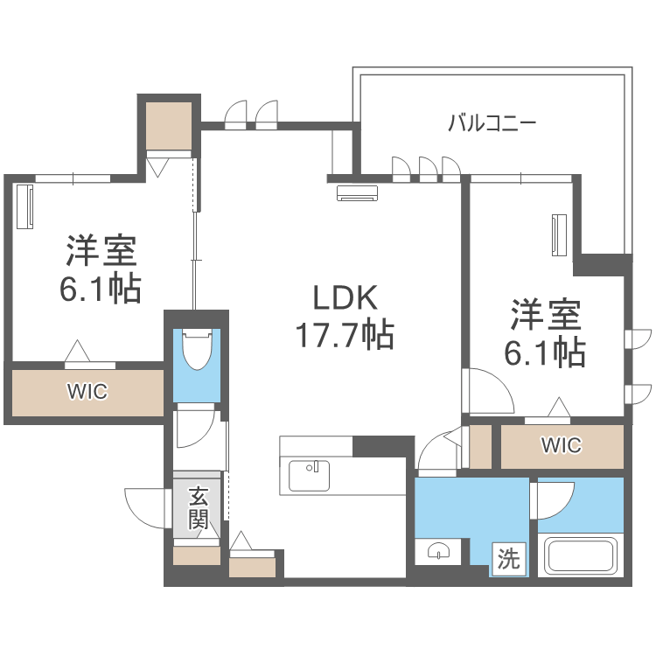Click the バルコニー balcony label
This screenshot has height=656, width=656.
(492, 123)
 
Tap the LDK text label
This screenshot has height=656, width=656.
(345, 297)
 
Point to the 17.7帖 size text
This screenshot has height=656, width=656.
(345, 335)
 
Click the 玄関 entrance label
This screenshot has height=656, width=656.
(199, 507)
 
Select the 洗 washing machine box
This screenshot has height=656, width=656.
(509, 559)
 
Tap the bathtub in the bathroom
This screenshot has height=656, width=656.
(583, 556)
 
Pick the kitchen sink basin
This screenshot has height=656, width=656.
(309, 475)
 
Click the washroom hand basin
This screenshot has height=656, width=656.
(438, 551)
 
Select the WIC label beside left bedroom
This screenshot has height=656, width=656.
(87, 392)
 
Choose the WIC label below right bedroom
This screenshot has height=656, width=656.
(561, 445)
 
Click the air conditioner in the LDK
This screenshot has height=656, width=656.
(357, 193)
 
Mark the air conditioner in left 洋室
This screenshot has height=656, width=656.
(24, 206)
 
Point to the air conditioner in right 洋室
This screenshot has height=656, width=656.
(559, 234)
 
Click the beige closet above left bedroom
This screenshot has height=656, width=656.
(169, 125)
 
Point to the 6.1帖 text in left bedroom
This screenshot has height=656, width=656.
(100, 290)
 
